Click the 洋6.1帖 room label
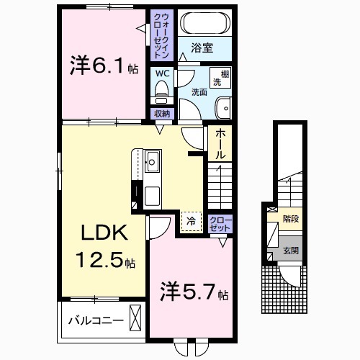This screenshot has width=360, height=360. [x=104, y=66]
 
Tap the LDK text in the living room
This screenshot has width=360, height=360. [x=103, y=233]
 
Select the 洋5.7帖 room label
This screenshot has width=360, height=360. [x=193, y=294]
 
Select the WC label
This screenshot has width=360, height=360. [x=161, y=73]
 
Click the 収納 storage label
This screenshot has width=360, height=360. [x=161, y=113]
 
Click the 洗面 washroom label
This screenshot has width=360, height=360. [x=199, y=92]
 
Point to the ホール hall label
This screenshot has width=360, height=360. [x=220, y=143]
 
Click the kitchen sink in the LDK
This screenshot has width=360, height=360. [x=153, y=159]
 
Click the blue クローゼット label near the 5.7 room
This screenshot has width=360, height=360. [x=220, y=222]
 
